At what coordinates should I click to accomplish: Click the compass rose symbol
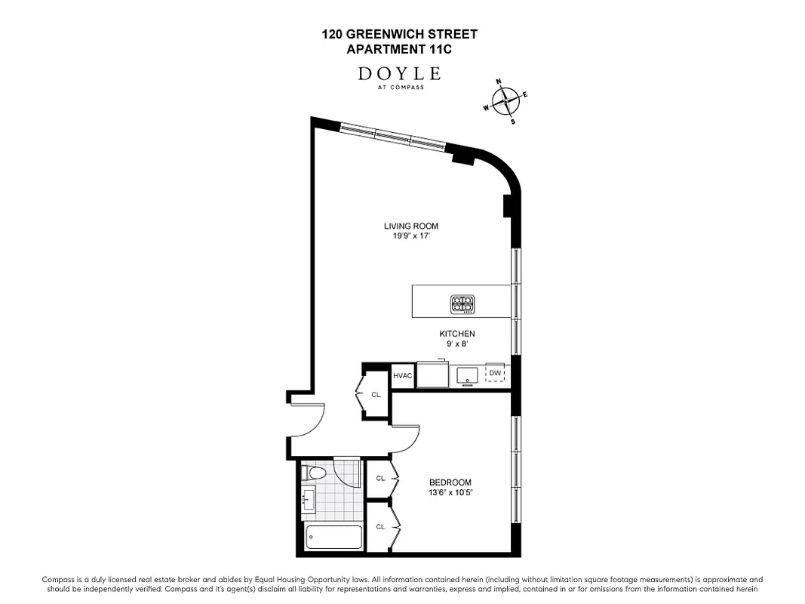pyautogui.click(x=505, y=100)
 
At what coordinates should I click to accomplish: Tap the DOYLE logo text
pyautogui.click(x=400, y=73)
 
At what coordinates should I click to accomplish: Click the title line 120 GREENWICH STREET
pyautogui.click(x=400, y=34)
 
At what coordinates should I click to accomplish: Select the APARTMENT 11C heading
pyautogui.click(x=400, y=50)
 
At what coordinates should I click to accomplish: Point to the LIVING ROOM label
pyautogui.click(x=411, y=226)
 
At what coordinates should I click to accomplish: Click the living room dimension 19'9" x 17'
pyautogui.click(x=411, y=236)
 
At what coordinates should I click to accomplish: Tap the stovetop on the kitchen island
pyautogui.click(x=462, y=304)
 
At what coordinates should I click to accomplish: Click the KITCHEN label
pyautogui.click(x=457, y=334)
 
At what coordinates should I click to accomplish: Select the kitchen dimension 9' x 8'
pyautogui.click(x=457, y=344)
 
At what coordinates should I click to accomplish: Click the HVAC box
pyautogui.click(x=401, y=374)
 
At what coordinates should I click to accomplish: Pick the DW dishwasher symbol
pyautogui.click(x=495, y=374)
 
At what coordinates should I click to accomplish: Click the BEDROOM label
pyautogui.click(x=450, y=483)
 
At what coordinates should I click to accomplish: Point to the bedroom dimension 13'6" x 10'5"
pyautogui.click(x=450, y=493)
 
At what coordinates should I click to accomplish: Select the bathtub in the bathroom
pyautogui.click(x=333, y=539)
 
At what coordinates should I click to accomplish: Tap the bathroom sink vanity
pyautogui.click(x=308, y=499)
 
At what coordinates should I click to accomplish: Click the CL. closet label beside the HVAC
pyautogui.click(x=376, y=395)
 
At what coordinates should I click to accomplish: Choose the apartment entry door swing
pyautogui.click(x=308, y=421)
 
